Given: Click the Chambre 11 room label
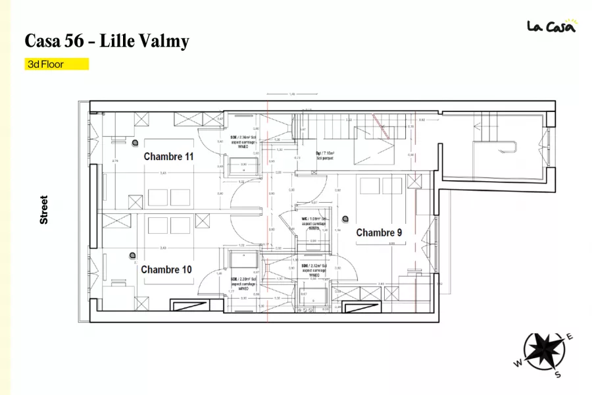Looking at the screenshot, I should click(169, 157).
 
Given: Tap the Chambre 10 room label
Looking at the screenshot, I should click(166, 269).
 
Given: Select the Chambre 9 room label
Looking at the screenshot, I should click(379, 232).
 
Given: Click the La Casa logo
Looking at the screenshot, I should click(551, 26).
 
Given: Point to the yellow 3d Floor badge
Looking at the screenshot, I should click(57, 65).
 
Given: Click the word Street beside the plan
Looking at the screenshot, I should click(44, 209).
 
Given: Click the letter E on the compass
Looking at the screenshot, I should click(570, 337).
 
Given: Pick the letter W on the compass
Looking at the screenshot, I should click(518, 363).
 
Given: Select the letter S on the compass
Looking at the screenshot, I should click(558, 375).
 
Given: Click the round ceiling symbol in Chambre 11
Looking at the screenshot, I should click(135, 142).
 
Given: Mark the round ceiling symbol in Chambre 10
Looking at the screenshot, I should click(134, 253).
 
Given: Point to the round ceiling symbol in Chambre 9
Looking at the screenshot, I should click(345, 219).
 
